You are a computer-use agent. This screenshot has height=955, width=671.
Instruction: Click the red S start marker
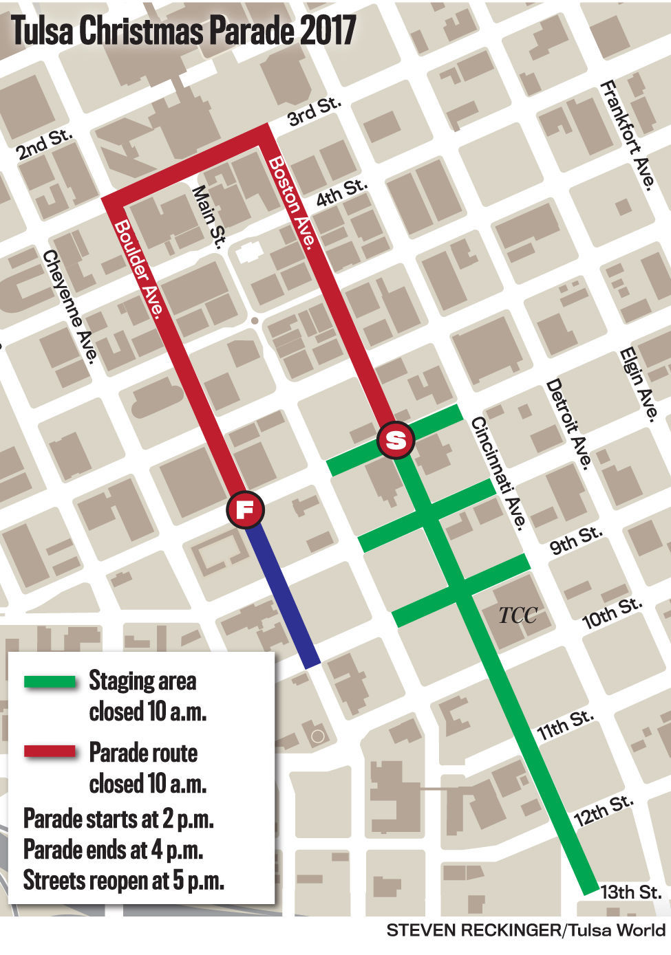click(396, 439)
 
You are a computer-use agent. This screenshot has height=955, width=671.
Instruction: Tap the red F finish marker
click(246, 509)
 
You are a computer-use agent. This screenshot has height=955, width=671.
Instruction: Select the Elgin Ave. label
click(639, 384)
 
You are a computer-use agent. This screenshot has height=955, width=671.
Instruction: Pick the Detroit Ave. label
click(568, 423)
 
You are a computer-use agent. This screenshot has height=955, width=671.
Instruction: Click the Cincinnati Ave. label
click(499, 473)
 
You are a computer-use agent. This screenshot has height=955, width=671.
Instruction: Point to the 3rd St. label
click(315, 113)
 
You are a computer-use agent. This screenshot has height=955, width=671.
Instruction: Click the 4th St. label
click(343, 194)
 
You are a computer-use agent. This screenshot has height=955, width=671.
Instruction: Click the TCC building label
click(518, 615)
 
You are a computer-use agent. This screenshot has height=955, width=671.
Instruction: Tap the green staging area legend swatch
click(50, 682)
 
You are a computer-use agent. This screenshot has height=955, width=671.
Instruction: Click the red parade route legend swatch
click(50, 751)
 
